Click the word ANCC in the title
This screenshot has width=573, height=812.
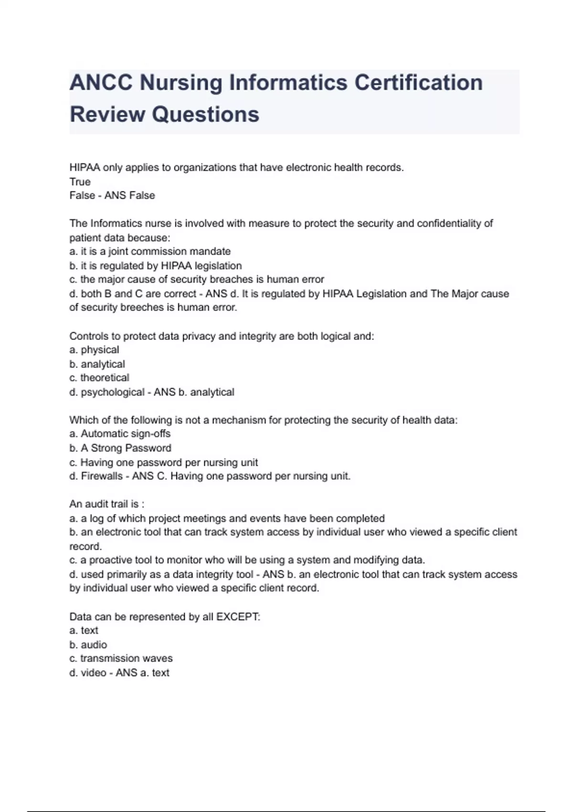coord(101,83)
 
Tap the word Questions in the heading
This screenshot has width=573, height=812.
coord(206,114)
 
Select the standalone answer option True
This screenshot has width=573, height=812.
coord(80,182)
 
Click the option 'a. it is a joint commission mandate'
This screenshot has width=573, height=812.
coord(150,251)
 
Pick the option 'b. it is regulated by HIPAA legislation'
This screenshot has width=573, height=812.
coord(156,266)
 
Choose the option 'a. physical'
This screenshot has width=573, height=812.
coord(94,350)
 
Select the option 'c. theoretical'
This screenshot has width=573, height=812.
coord(99,378)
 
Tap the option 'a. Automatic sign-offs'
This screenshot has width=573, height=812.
coord(120,434)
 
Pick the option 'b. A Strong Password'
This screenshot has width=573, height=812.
coord(120,448)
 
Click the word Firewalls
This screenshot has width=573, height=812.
coord(102,476)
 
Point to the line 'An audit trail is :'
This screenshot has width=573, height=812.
coord(107,504)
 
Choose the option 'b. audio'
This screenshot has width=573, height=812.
coord(88,645)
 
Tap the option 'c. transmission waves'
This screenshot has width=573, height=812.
coord(121,658)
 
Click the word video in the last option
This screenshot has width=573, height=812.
coord(94,673)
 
